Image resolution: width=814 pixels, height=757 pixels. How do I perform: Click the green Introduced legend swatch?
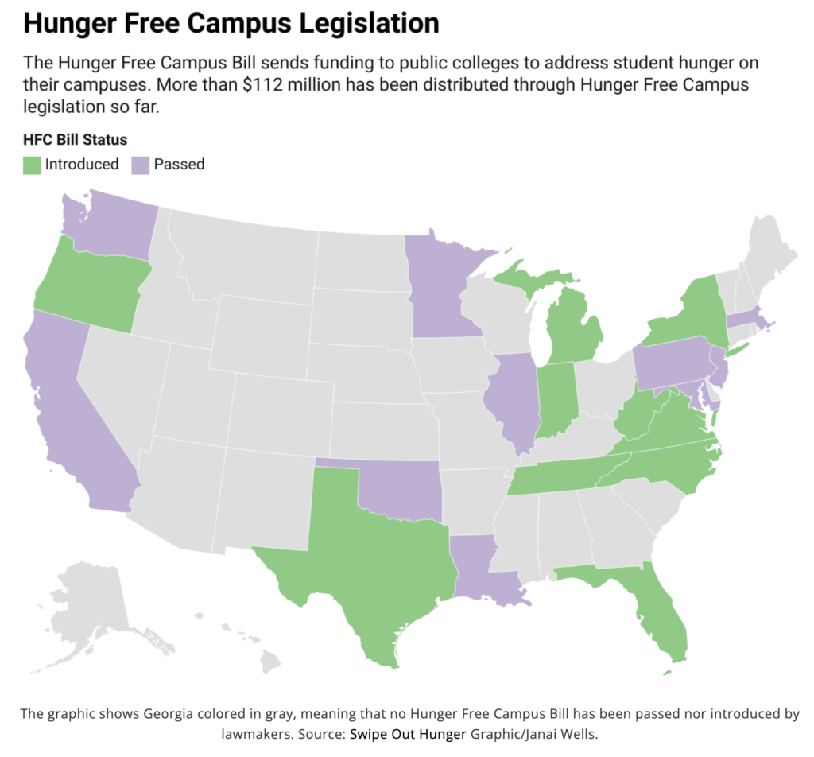[33, 165]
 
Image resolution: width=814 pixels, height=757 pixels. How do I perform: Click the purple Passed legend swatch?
[141, 165]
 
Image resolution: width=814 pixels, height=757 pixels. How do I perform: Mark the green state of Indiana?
[554, 398]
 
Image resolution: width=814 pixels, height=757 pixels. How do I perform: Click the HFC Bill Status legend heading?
[75, 140]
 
